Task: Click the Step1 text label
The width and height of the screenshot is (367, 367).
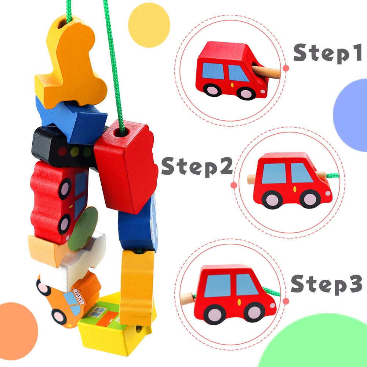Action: pyautogui.click(x=327, y=54)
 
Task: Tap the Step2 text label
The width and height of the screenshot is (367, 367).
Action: pyautogui.click(x=197, y=166)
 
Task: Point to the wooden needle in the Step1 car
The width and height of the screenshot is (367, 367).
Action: pyautogui.click(x=266, y=70)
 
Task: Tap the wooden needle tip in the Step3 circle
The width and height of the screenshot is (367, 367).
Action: pyautogui.click(x=189, y=297)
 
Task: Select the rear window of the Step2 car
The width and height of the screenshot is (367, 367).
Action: pyautogui.click(x=273, y=173)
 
